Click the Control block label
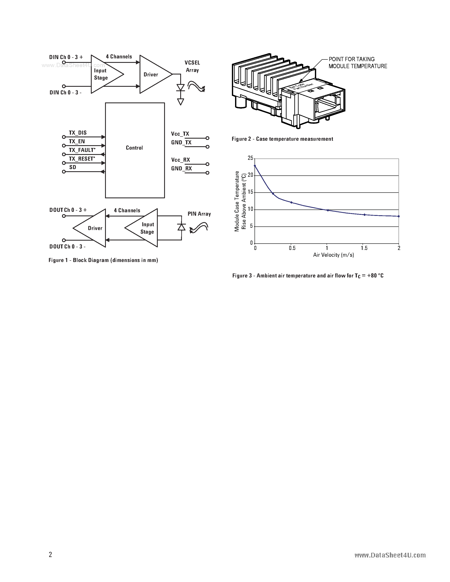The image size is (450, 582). tap(134, 148)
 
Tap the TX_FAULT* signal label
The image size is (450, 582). tap(82, 150)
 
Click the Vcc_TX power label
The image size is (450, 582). tap(180, 134)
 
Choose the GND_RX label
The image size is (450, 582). tap(181, 168)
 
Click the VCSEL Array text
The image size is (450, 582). tap(192, 66)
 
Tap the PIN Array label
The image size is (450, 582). tap(199, 214)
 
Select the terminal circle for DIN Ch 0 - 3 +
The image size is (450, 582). tap(64, 62)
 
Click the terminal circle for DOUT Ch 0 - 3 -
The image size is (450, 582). tap(64, 240)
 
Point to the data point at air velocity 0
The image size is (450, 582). tap(255, 165)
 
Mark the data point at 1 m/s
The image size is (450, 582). tap(328, 210)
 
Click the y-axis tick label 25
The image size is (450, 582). tap(250, 158)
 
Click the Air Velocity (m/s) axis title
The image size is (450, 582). tap(333, 255)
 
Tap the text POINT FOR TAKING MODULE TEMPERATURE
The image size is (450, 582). tap(357, 63)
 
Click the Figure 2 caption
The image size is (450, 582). tap(282, 139)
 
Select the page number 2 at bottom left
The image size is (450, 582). tap(50, 554)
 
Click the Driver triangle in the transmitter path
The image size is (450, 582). tap(153, 74)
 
